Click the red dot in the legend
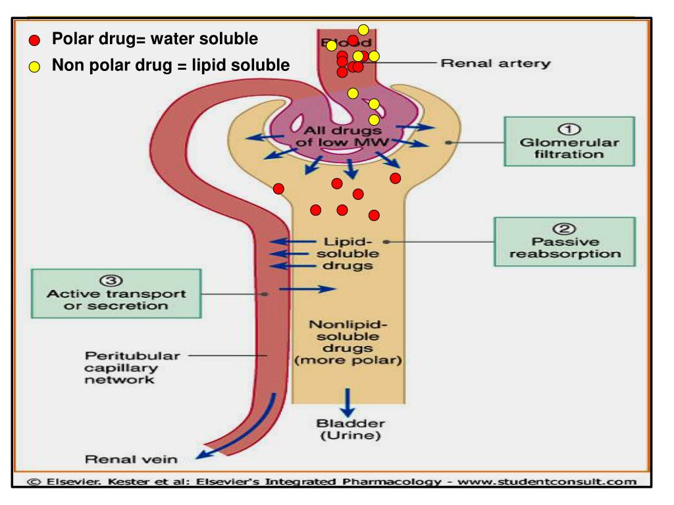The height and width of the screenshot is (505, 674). point(34,41)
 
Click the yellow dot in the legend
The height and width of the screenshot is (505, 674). point(34,66)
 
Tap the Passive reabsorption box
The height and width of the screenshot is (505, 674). point(565,241)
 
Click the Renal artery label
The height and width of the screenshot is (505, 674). point(496,64)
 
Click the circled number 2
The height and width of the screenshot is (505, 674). point(564,229)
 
